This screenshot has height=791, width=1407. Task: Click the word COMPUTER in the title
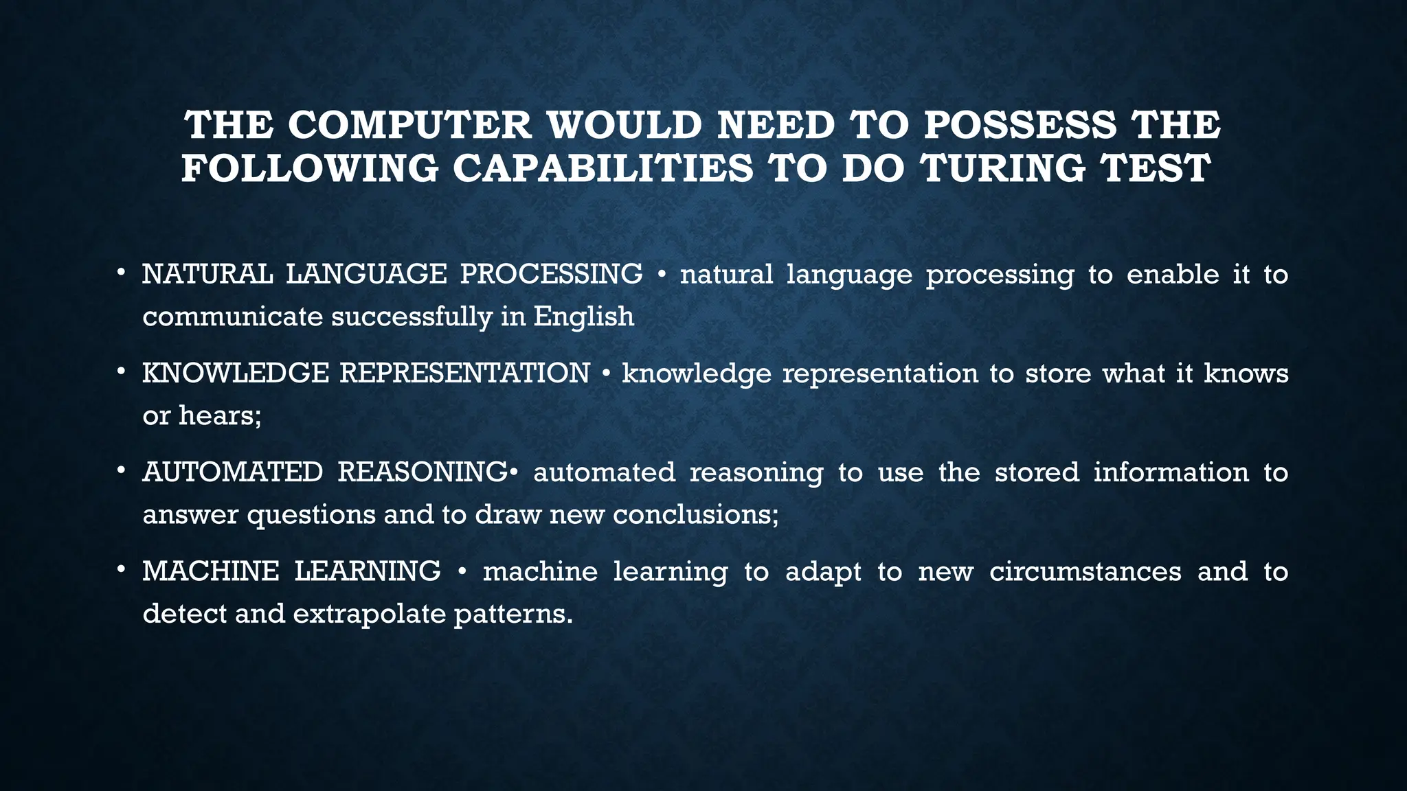point(409,126)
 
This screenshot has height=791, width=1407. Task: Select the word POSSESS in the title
point(1020,126)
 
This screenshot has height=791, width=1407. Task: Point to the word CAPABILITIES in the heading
point(603,168)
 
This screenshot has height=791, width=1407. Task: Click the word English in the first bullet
point(583,317)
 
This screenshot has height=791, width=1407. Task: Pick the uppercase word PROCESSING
point(551,274)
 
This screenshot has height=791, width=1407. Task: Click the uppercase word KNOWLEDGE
point(236,374)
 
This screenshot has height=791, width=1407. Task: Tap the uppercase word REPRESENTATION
point(464,374)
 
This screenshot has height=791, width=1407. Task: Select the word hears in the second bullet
point(216,415)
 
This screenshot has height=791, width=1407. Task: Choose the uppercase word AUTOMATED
point(232,472)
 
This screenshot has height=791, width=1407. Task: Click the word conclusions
point(695,514)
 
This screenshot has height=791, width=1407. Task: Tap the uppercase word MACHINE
point(210,571)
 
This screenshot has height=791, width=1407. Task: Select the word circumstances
point(1085,571)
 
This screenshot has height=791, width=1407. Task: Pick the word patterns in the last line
point(512,613)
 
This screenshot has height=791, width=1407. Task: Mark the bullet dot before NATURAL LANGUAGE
point(121,273)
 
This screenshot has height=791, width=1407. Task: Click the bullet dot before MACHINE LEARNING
point(121,570)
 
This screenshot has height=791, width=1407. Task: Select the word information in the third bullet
point(1171,472)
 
